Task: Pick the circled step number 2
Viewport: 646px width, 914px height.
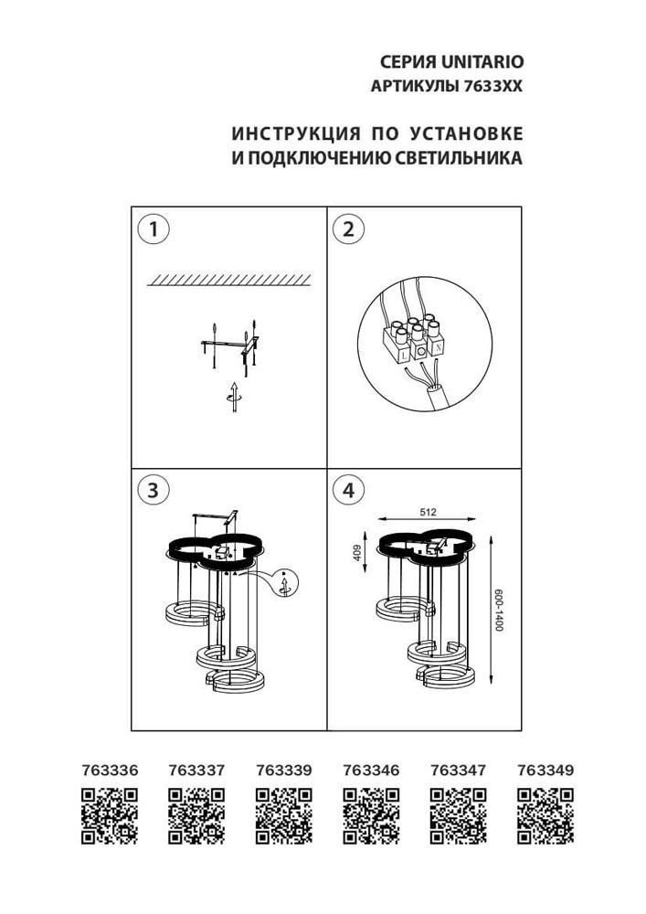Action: tap(348, 229)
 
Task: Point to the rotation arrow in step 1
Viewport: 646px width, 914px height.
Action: tap(234, 396)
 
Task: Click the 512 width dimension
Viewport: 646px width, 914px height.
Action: tap(426, 514)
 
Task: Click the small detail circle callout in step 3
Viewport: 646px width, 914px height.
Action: tap(286, 584)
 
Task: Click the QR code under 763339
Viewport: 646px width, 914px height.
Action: tap(284, 815)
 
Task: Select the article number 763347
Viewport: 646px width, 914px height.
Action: tap(458, 771)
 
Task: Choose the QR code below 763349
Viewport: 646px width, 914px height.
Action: tap(545, 815)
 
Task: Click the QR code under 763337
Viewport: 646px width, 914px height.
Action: tap(196, 815)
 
